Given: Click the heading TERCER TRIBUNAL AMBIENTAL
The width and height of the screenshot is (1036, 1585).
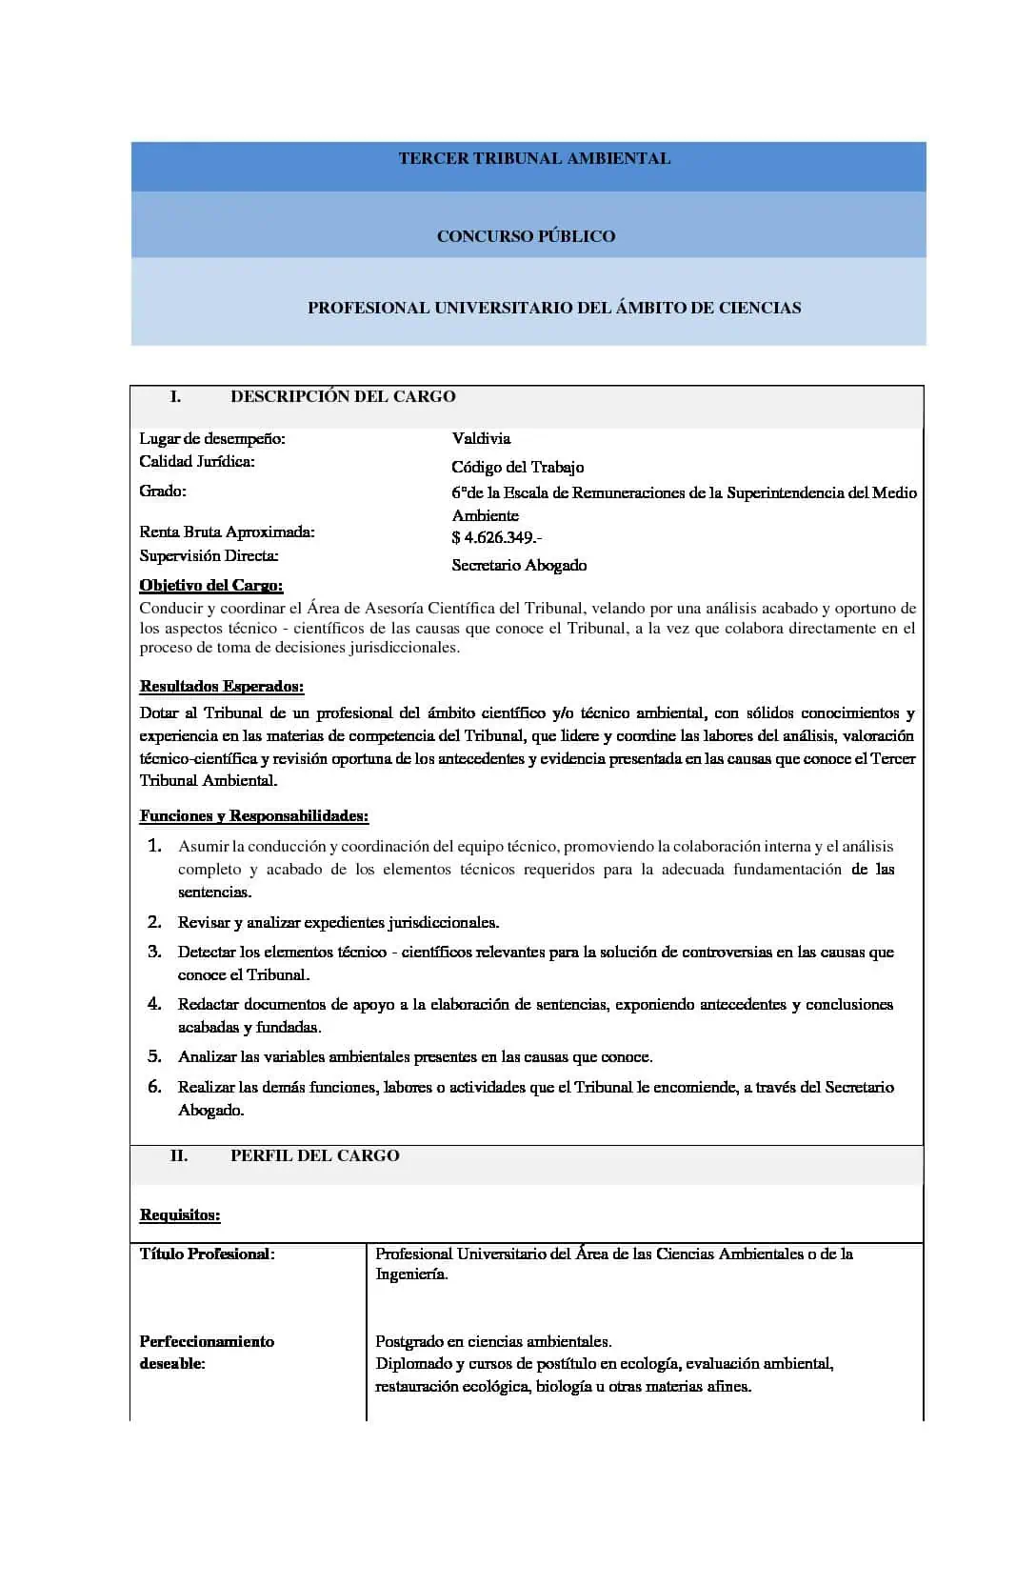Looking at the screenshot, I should click(534, 159).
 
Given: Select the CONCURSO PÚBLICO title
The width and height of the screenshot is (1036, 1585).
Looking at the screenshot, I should click(526, 236).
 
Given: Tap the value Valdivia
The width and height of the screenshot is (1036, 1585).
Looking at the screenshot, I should click(481, 439).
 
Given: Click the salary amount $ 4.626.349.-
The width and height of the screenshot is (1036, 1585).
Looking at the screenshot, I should click(496, 538).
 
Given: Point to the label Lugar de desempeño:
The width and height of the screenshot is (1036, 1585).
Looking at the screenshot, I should click(212, 439).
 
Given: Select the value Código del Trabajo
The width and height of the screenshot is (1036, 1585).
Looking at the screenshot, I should click(517, 468).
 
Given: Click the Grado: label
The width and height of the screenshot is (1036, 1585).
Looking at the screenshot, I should click(163, 492).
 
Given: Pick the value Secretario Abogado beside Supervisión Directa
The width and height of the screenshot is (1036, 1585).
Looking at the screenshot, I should click(519, 566).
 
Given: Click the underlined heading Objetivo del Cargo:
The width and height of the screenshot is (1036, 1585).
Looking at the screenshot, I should click(211, 586).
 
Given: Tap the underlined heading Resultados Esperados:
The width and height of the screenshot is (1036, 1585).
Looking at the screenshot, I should click(222, 687).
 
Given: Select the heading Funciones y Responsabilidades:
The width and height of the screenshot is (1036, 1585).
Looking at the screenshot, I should click(254, 816).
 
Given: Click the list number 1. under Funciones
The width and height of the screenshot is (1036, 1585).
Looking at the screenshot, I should click(154, 846).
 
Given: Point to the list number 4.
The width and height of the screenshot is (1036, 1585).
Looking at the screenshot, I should click(154, 1004).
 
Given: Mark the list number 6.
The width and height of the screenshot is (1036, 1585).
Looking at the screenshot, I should click(154, 1087).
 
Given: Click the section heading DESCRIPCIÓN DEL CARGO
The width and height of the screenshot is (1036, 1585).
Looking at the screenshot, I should click(343, 397).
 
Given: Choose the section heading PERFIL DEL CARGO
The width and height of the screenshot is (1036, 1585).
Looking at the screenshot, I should click(314, 1156).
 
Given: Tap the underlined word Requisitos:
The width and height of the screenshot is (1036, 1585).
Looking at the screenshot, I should click(180, 1215).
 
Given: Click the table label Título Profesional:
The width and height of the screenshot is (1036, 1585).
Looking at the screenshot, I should click(207, 1254).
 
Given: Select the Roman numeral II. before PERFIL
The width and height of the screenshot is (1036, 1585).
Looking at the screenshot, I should click(179, 1156).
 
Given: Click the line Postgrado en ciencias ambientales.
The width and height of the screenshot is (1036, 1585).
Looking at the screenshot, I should click(493, 1342).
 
